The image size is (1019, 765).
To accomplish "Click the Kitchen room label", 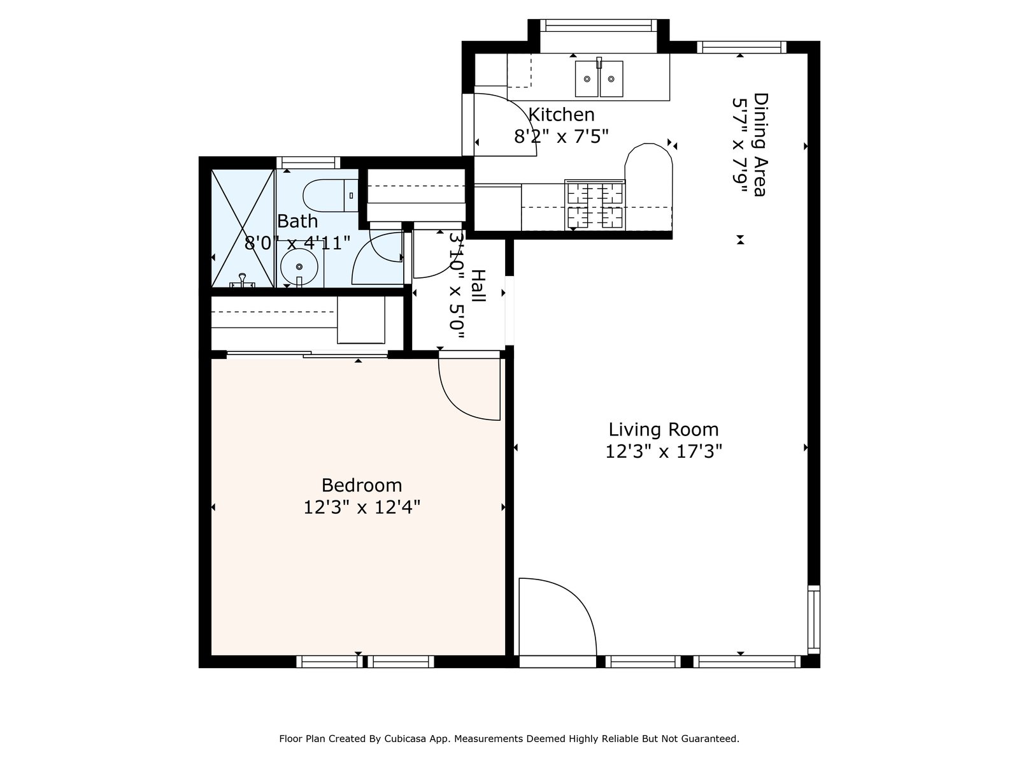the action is [x=561, y=114].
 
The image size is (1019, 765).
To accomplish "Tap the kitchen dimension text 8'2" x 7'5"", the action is [x=561, y=136].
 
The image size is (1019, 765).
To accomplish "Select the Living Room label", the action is [x=664, y=430].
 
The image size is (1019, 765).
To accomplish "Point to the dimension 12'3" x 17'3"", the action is [x=664, y=451].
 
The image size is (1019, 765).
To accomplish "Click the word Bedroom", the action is [x=362, y=485].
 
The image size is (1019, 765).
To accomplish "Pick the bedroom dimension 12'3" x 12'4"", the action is [x=362, y=507].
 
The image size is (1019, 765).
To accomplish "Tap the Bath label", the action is [x=297, y=221].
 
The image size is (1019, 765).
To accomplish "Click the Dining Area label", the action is [x=760, y=145].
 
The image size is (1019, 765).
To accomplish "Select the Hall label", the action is [x=478, y=286].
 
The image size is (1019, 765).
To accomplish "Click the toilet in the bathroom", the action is [x=330, y=195].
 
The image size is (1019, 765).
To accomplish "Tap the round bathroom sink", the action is [x=299, y=266].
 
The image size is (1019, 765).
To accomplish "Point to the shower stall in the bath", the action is [x=243, y=228].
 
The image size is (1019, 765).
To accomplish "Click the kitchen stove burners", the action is [x=595, y=205].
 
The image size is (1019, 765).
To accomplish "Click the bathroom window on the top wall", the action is [x=308, y=163].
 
